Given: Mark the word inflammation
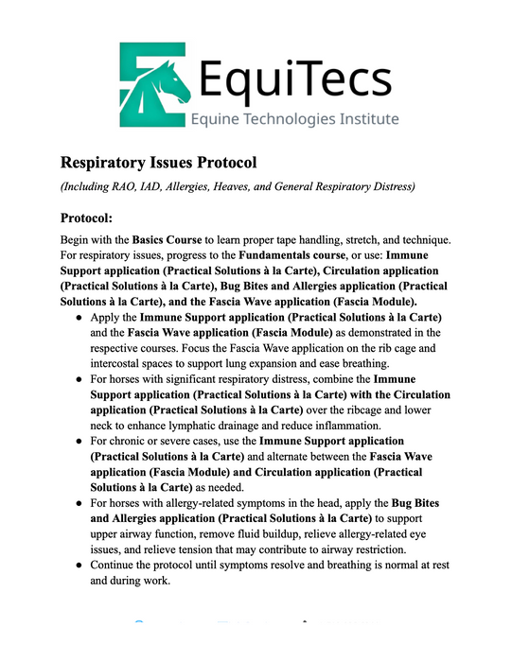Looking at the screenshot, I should click(360, 426).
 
